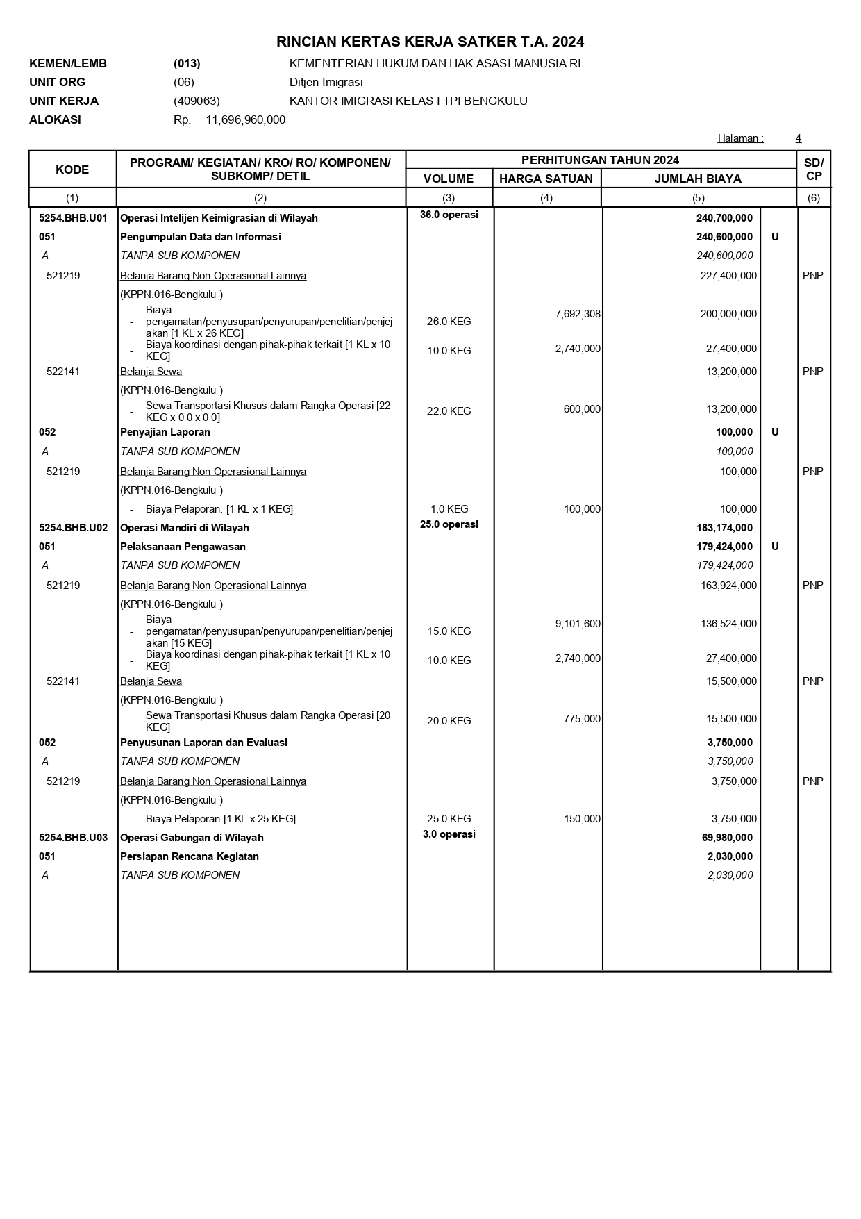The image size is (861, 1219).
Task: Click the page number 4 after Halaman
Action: [x=799, y=138]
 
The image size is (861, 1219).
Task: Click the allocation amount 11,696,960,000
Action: [x=245, y=119]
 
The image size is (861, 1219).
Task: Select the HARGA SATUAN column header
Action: [x=546, y=179]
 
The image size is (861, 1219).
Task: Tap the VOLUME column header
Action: [x=449, y=179]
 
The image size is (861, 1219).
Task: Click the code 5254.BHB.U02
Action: [x=74, y=528]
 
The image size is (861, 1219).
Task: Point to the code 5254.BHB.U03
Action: [x=74, y=838]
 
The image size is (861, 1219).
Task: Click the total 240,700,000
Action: [x=724, y=218]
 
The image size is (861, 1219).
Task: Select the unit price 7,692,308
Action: [x=578, y=314]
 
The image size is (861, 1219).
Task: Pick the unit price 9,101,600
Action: [x=578, y=624]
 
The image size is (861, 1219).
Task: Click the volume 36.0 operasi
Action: [x=449, y=215]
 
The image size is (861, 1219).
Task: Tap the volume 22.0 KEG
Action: [x=449, y=411]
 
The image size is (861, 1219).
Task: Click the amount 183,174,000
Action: [x=724, y=528]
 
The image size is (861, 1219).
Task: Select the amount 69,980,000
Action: [x=727, y=838]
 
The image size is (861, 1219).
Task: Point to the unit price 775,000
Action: [x=582, y=719]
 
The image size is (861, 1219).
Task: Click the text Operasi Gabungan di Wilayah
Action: [x=192, y=838]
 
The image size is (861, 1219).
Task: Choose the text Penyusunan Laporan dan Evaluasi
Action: [x=203, y=743]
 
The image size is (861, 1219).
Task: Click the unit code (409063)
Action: [x=197, y=101]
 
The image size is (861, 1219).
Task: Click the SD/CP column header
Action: [x=813, y=169]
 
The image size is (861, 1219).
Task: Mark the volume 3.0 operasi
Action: [x=449, y=834]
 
